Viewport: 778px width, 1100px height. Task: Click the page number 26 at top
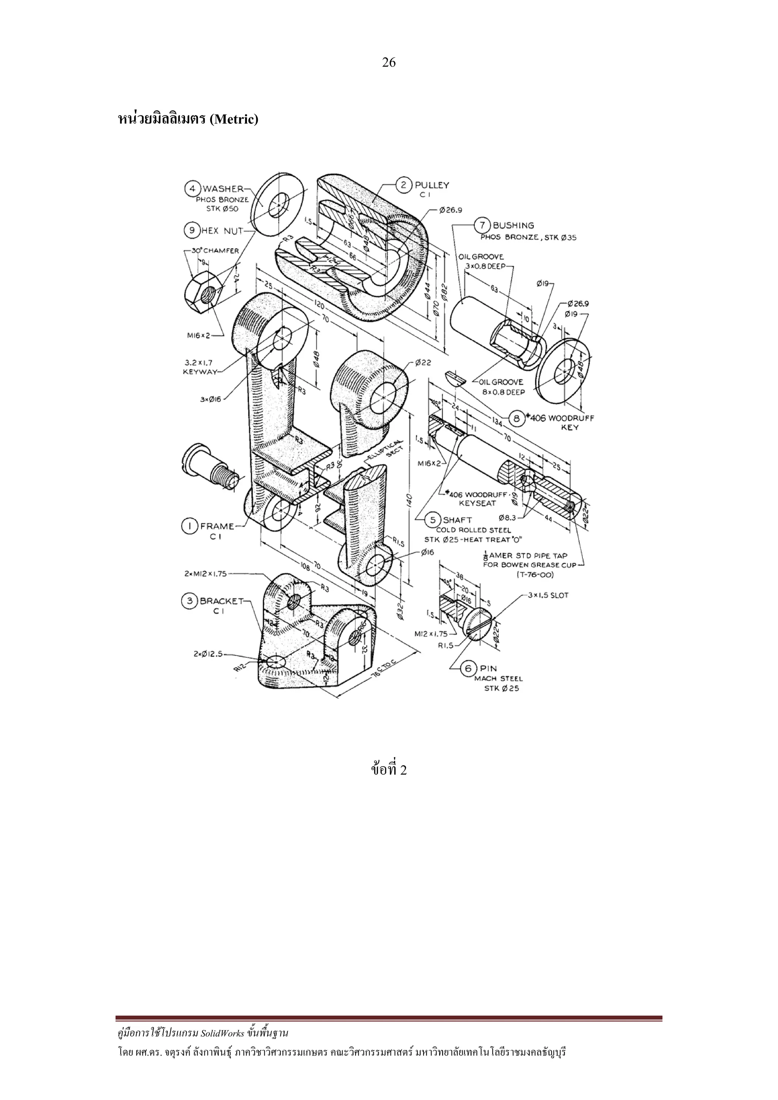(x=389, y=62)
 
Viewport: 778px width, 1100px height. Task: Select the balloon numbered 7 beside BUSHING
(x=482, y=225)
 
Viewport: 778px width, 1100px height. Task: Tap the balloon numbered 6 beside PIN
(x=468, y=668)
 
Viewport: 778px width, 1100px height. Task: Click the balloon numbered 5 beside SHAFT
(x=433, y=520)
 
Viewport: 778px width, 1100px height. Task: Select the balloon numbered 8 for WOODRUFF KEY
(x=517, y=419)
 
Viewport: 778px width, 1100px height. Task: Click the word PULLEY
(x=432, y=185)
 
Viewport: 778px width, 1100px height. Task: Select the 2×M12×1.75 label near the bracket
(x=207, y=573)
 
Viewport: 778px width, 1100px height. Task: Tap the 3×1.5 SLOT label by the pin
(x=548, y=595)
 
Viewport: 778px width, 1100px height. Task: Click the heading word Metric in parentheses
(x=234, y=119)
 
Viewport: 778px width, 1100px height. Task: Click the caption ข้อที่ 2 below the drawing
(x=389, y=770)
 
